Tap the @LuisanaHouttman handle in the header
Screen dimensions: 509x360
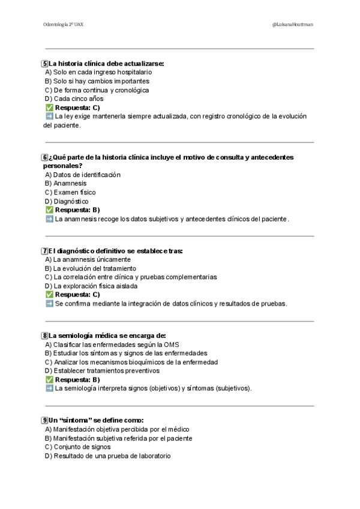292,25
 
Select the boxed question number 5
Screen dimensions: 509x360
45,63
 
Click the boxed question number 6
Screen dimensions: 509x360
45,157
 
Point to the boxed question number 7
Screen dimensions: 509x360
45,251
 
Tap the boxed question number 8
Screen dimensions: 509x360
45,336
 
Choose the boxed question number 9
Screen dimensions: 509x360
45,421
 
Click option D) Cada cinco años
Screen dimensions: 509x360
74,98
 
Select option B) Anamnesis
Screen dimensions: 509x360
65,184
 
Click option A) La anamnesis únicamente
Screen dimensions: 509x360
88,259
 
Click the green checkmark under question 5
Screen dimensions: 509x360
49,107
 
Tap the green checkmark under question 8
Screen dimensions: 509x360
49,380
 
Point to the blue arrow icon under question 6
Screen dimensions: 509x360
49,219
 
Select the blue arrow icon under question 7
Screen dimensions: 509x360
49,304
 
